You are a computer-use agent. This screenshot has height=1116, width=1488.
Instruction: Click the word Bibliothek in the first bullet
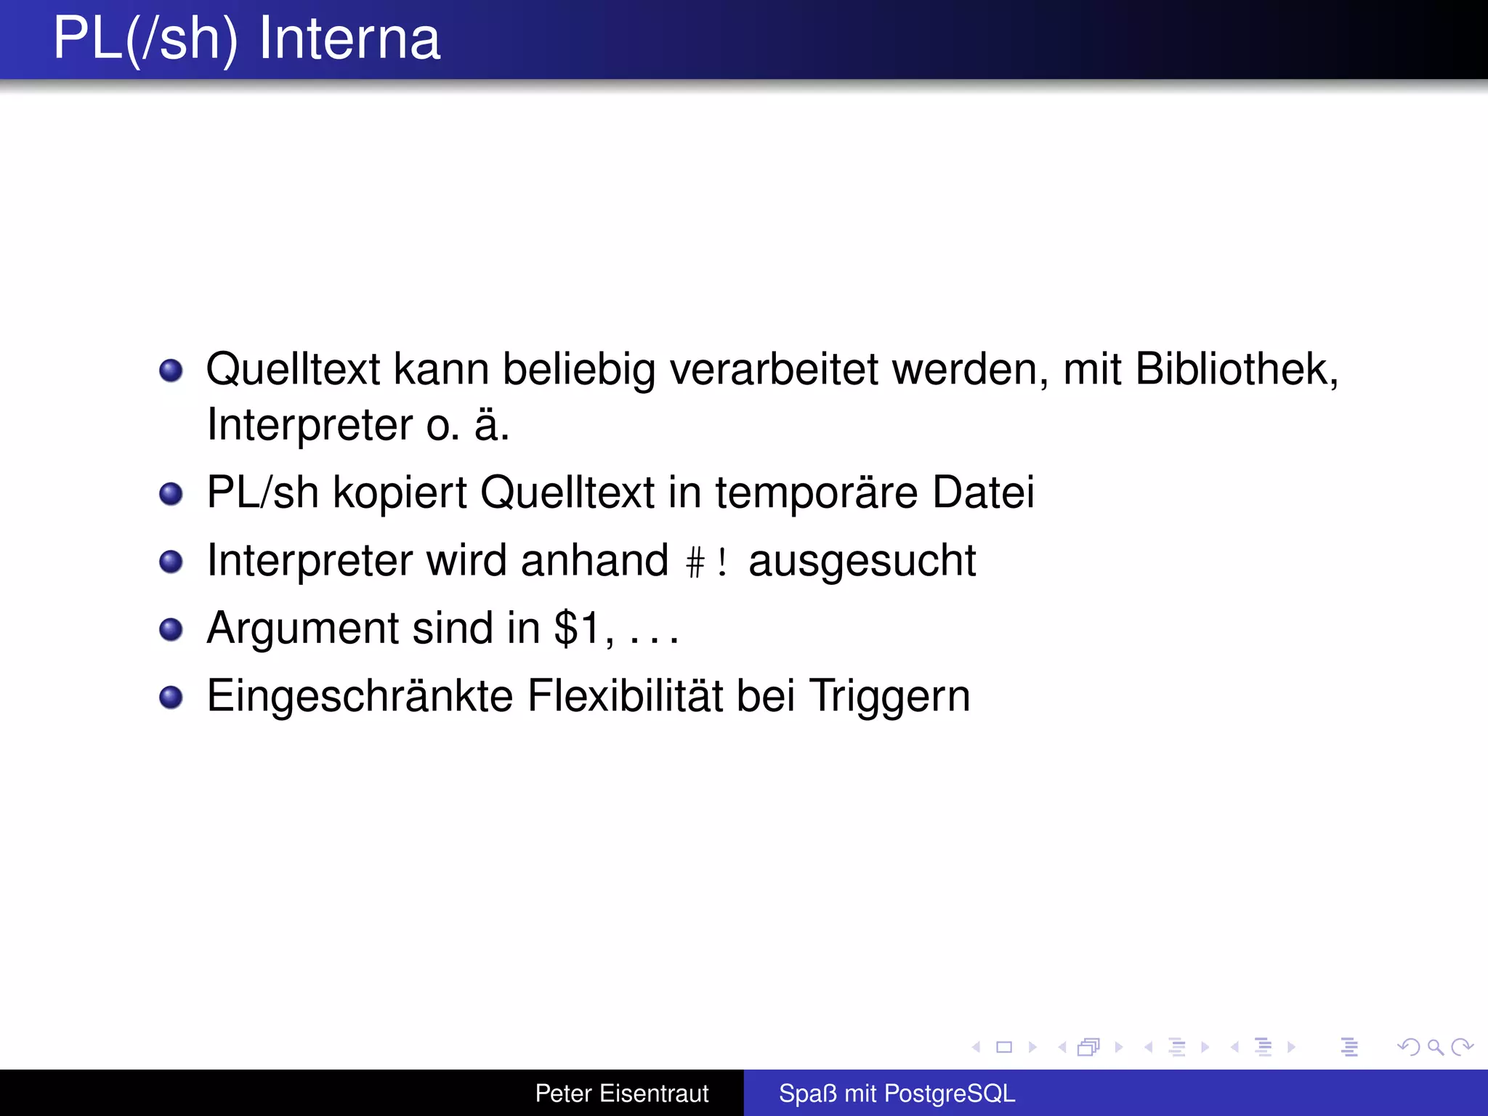pos(1235,369)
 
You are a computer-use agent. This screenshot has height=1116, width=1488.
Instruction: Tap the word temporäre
pos(817,493)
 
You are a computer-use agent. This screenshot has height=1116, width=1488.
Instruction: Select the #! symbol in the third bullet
pos(707,562)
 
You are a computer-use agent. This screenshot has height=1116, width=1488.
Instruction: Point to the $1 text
pos(578,628)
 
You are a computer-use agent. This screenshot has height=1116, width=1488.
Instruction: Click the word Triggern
pos(889,696)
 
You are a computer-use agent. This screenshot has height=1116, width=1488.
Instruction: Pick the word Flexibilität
pos(626,696)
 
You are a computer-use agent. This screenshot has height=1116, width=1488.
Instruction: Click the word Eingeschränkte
pos(360,696)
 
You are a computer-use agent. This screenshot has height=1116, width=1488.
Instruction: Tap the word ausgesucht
pos(862,562)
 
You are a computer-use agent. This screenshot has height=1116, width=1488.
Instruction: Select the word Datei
pos(983,493)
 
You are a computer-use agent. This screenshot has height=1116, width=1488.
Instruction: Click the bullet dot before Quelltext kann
pos(171,371)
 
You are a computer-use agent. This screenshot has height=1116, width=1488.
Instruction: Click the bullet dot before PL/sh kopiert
pos(171,494)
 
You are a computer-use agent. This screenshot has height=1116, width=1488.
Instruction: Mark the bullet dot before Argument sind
pos(171,629)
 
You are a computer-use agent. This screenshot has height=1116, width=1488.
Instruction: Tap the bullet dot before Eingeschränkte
pos(171,697)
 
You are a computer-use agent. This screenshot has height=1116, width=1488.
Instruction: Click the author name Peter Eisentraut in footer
pos(622,1093)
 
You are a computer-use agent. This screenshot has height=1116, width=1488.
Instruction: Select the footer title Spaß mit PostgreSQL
pos(897,1093)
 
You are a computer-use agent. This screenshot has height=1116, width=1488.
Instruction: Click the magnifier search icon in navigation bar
pos(1435,1047)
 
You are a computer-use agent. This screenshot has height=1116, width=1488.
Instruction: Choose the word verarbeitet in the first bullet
pos(774,369)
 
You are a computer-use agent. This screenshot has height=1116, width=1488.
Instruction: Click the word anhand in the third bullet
pos(594,561)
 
